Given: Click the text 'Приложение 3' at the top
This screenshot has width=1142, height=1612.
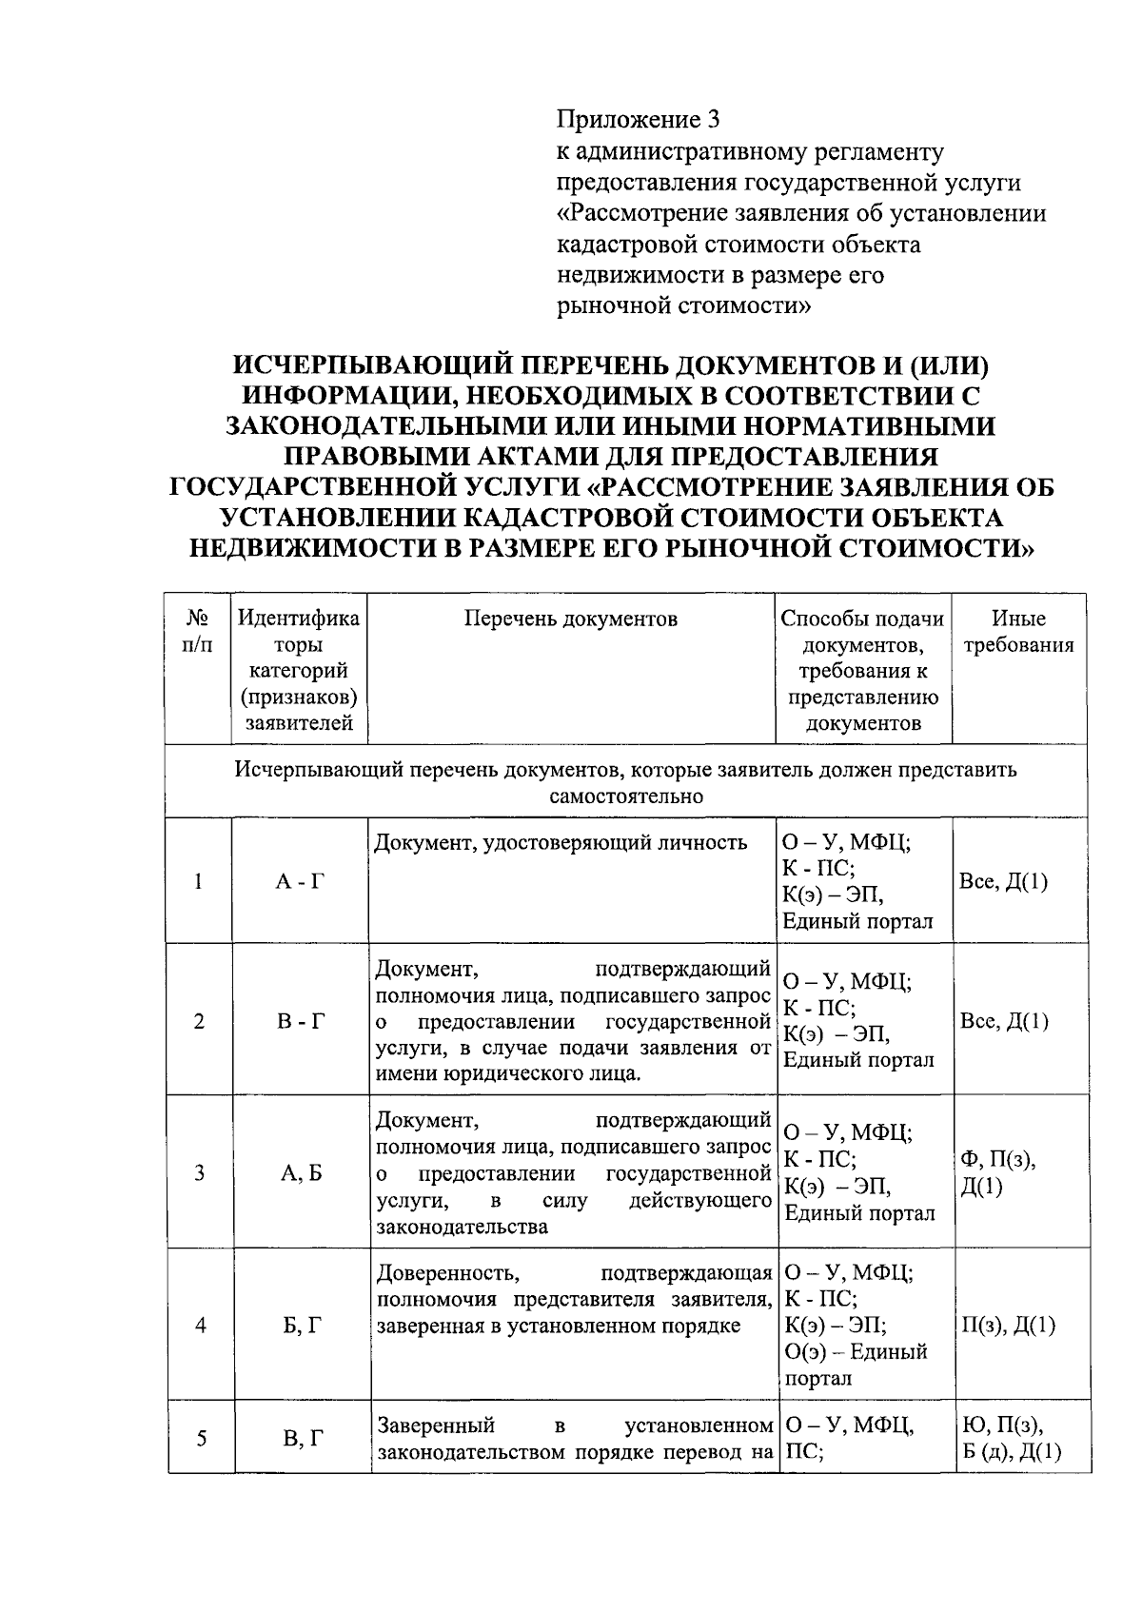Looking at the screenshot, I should click(x=639, y=120).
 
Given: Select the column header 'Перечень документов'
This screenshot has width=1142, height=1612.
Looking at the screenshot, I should click(x=571, y=619).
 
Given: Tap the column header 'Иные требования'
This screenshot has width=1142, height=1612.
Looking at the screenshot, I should click(x=1019, y=632).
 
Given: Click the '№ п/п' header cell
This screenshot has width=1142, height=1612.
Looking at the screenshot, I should click(x=198, y=632).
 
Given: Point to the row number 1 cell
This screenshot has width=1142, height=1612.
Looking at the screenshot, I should click(x=198, y=881).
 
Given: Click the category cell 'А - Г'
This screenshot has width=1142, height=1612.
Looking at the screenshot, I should click(x=300, y=881).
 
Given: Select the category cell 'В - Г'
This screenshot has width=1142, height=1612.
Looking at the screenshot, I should click(x=300, y=1022).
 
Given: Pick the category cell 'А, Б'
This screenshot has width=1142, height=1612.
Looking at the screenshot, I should click(x=300, y=1173).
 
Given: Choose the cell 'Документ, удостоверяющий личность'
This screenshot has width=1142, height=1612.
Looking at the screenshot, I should click(x=561, y=843).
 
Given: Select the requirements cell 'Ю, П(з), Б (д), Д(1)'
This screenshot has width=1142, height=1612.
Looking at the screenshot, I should click(x=1013, y=1439).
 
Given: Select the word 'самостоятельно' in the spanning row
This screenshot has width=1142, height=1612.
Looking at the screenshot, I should click(x=626, y=796).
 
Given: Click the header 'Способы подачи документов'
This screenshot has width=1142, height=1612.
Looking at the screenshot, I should click(x=862, y=632).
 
